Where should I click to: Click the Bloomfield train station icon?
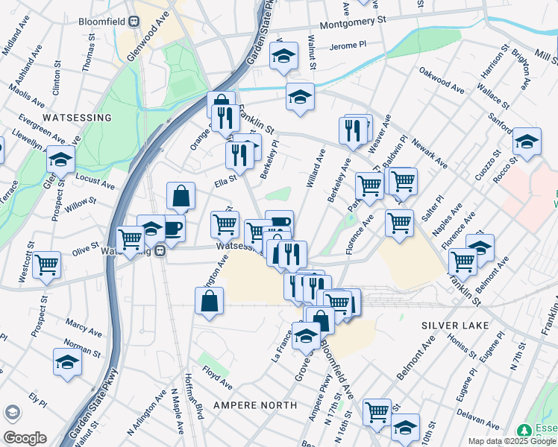[135, 22]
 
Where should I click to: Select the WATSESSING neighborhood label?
[77, 118]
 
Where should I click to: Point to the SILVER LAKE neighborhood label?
[454, 326]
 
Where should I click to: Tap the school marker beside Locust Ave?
[60, 158]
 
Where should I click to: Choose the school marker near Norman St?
[67, 361]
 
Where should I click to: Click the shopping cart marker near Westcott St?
[47, 264]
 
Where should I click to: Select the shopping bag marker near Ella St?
[181, 196]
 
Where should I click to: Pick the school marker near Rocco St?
[527, 142]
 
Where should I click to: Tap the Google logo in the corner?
[25, 438]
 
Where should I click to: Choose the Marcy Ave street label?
[84, 327]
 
